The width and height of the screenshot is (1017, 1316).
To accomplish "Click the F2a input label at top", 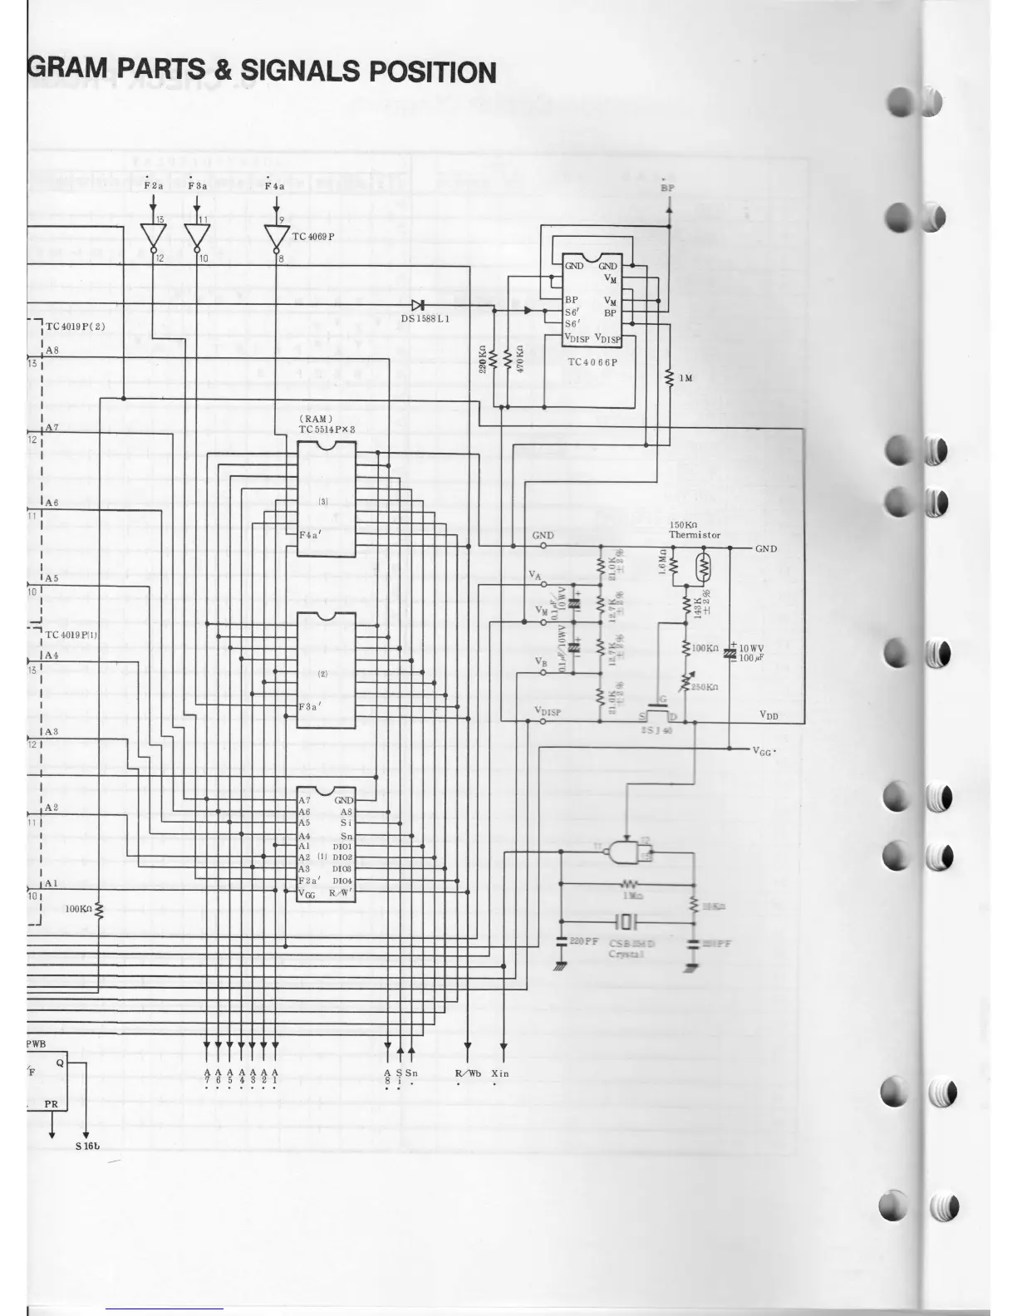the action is (x=154, y=186).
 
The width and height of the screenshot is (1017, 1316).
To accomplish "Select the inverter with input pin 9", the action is (x=277, y=237).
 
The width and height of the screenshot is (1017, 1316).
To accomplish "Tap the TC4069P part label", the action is (x=313, y=237).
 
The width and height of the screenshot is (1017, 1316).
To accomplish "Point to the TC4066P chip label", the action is (x=593, y=362).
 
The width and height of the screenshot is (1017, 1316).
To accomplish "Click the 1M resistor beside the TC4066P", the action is (x=670, y=378).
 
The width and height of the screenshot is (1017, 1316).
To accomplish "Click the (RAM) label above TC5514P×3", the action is (x=316, y=418).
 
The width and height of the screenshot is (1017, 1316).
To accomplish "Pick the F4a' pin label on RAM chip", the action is (x=311, y=535).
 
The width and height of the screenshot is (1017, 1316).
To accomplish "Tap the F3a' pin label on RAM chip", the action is (x=311, y=707).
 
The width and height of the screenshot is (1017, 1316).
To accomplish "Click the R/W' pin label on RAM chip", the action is (x=341, y=893).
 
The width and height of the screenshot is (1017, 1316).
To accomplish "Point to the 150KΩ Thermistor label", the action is (x=695, y=530).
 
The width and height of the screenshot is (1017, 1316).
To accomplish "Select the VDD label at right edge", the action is (x=769, y=714).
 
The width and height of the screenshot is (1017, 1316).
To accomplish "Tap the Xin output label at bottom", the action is (x=499, y=1073).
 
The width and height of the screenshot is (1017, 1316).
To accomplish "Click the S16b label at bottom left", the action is (x=86, y=1147).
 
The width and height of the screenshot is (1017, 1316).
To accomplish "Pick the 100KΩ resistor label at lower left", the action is (x=78, y=909).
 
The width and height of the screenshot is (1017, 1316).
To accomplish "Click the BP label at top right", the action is (x=667, y=188).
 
